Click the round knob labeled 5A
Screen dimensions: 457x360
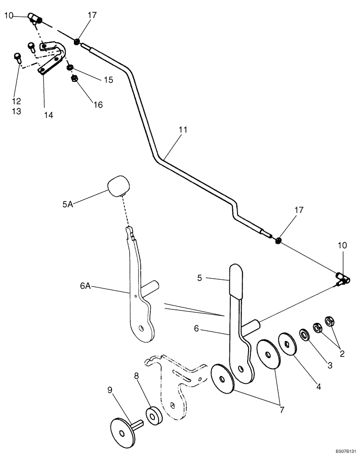click(x=117, y=185)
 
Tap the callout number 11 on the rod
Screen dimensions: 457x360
click(x=183, y=130)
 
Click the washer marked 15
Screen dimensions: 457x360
click(x=70, y=68)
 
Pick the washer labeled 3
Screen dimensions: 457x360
click(x=304, y=335)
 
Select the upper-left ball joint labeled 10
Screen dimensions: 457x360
click(x=35, y=18)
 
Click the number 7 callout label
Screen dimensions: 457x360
click(x=282, y=409)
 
